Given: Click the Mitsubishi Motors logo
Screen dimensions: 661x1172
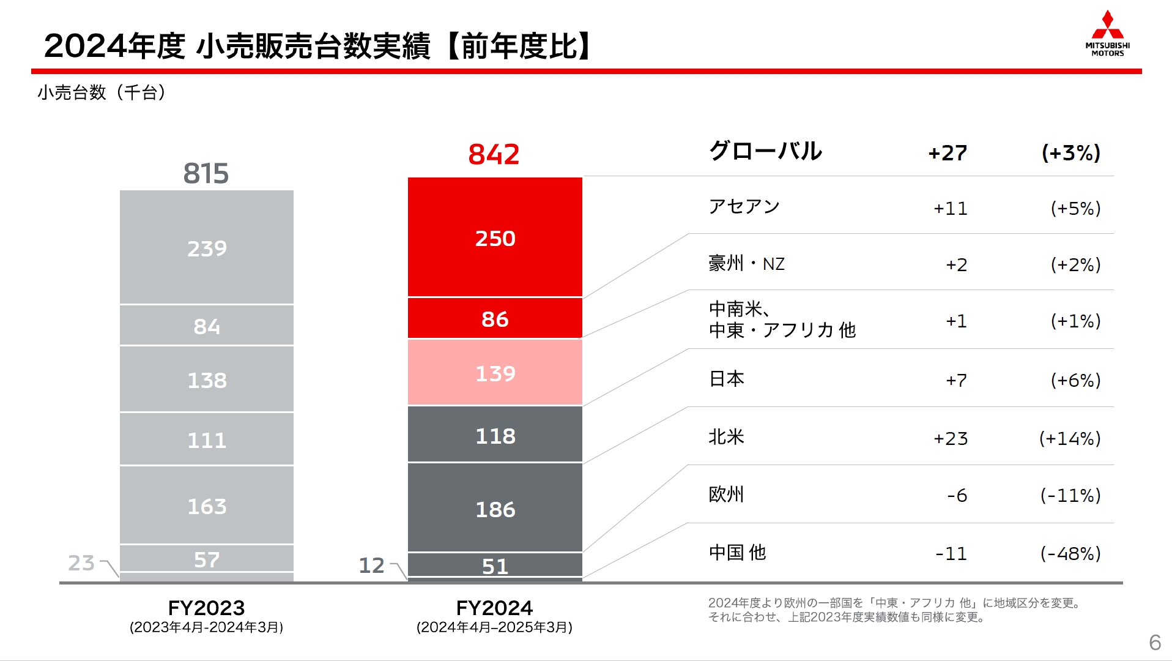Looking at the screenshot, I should pos(1107,34).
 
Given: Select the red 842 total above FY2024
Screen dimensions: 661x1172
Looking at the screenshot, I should pos(494,154).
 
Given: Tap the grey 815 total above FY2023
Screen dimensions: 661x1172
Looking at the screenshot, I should pos(206,173).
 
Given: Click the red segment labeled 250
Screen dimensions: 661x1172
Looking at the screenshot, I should pos(495,238).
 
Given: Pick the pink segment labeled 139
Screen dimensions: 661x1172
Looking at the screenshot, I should pos(495,373).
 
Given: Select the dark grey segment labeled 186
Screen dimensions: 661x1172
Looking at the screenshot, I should pos(495,509).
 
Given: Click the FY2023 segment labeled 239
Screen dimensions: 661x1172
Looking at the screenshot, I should pos(207,248).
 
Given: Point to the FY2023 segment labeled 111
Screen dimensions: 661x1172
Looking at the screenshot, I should pos(207,439).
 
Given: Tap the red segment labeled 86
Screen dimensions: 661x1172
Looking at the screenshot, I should pos(495,319).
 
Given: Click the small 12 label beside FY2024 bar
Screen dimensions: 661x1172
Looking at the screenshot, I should pos(371,565).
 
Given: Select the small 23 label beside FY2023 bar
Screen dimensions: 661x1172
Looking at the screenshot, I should pos(81,562).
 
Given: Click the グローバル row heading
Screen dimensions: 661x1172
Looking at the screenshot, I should pos(765,151).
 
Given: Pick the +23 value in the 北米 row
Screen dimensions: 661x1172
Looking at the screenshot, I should pos(951,438).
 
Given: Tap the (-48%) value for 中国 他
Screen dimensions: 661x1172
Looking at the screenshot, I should pos(1070,553).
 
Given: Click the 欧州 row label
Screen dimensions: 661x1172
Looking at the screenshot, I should pos(726,494).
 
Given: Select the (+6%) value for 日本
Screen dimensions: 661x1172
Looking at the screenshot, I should pos(1075,380).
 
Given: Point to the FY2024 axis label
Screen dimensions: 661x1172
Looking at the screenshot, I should pos(494,608).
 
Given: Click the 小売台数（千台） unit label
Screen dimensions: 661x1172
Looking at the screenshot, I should pos(102,92).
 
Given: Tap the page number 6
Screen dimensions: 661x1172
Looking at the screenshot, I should pos(1154,642).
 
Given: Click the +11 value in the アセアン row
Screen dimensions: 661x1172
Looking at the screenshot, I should pos(951,209).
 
